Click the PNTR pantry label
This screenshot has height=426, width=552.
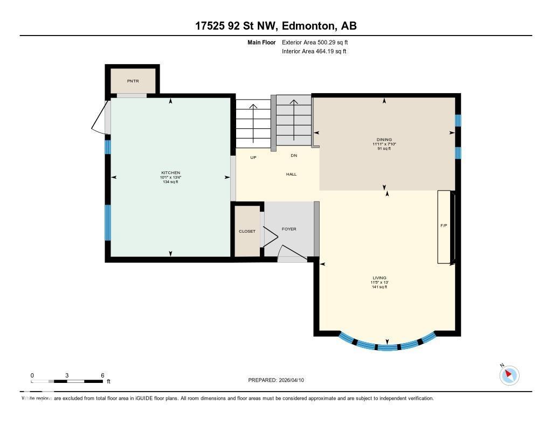click(x=133, y=81)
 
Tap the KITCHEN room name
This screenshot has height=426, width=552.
click(x=170, y=172)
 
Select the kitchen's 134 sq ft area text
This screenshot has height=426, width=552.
click(x=170, y=182)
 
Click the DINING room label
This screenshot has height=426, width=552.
click(x=384, y=139)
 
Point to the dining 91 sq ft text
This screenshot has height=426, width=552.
click(x=384, y=149)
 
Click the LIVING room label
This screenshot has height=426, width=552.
click(x=379, y=278)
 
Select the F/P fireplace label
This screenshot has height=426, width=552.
click(x=444, y=225)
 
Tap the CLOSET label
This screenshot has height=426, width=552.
click(x=247, y=231)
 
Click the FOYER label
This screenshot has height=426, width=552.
click(x=289, y=229)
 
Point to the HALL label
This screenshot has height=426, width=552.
click(x=291, y=174)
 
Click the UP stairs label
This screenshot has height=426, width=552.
click(x=253, y=157)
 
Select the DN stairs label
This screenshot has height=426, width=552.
click(x=294, y=156)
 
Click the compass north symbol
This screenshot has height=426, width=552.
click(x=509, y=375)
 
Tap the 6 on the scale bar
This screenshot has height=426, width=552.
click(x=102, y=375)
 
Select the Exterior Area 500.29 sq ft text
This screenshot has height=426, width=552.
click(x=319, y=42)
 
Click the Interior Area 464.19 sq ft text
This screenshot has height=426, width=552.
click(x=314, y=51)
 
